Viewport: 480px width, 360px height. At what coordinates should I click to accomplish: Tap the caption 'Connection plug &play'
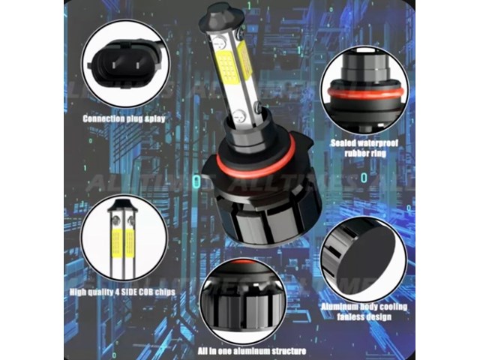pos(125,118)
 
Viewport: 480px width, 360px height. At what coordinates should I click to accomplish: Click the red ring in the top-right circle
pos(364,94)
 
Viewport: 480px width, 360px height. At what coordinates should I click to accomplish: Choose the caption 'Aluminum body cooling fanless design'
pos(364,312)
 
